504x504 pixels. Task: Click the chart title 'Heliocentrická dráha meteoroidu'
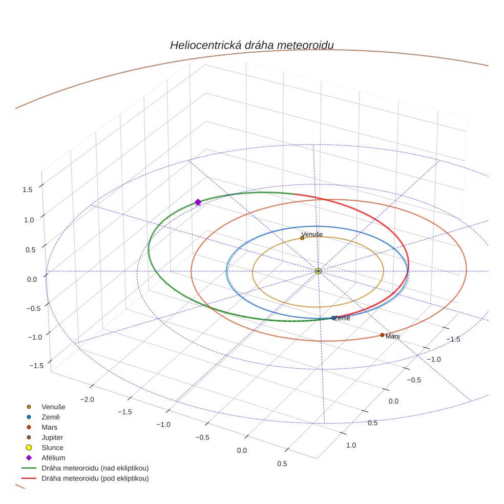click(x=251, y=45)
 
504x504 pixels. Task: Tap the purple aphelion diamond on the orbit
click(x=198, y=202)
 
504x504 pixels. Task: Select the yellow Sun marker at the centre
click(x=318, y=271)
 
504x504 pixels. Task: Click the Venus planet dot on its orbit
click(x=302, y=238)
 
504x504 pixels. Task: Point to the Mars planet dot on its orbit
click(x=382, y=335)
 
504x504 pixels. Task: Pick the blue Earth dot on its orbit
click(x=333, y=318)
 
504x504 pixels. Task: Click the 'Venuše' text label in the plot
click(x=312, y=234)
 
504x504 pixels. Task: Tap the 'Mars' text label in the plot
click(x=393, y=337)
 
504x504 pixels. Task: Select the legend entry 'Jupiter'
click(x=52, y=437)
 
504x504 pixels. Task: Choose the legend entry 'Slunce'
click(x=52, y=448)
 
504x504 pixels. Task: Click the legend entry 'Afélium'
click(x=53, y=458)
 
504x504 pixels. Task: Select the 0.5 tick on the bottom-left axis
click(x=281, y=464)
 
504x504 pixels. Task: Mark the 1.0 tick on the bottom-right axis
click(x=351, y=445)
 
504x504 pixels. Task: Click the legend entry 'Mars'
click(x=50, y=427)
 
